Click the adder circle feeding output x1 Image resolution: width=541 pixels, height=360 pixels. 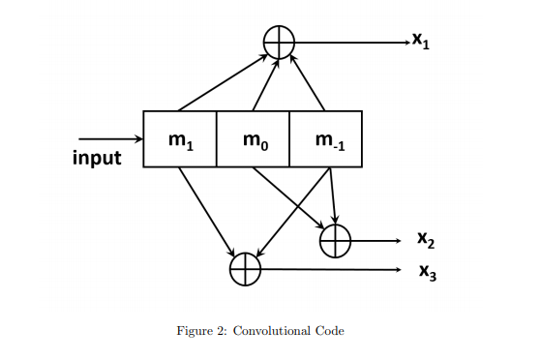pyautogui.click(x=279, y=42)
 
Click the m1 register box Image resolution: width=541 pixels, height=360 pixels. pyautogui.click(x=179, y=139)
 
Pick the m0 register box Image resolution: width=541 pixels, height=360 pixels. pyautogui.click(x=252, y=139)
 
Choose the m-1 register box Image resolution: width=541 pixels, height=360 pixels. pyautogui.click(x=325, y=139)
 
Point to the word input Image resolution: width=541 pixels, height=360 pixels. pyautogui.click(x=98, y=158)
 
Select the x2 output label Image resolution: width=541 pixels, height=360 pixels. pyautogui.click(x=426, y=238)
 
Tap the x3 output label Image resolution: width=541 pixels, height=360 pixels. pyautogui.click(x=427, y=273)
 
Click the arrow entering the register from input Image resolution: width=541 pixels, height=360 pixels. pyautogui.click(x=110, y=139)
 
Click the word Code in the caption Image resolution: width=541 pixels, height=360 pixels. pyautogui.click(x=330, y=331)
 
